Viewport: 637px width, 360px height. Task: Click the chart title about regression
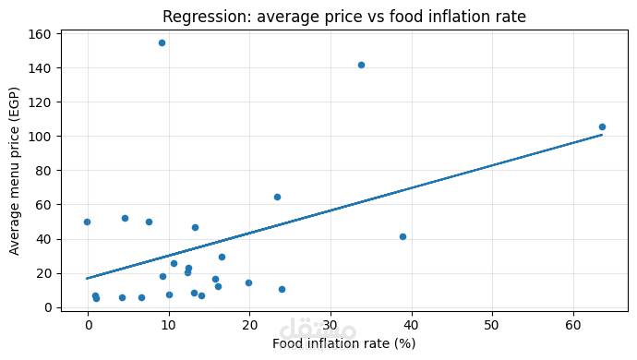pos(344,17)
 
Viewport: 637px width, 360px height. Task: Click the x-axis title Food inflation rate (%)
pos(343,343)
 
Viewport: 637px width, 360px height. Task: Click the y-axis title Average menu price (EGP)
pos(15,171)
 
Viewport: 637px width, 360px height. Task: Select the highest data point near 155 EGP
pos(162,42)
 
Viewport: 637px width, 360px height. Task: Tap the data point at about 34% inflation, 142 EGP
pos(361,65)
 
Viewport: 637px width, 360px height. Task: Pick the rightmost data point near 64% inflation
pos(602,126)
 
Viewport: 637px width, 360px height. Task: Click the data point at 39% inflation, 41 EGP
pos(403,236)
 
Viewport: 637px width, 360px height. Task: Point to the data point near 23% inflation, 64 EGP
pos(277,197)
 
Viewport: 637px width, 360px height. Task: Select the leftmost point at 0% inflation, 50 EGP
pos(87,222)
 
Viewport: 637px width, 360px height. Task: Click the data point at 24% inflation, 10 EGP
pos(282,289)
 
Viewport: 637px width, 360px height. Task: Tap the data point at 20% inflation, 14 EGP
pos(248,282)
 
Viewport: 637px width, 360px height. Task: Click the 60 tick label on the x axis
pos(572,326)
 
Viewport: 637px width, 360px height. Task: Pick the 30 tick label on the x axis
pos(331,326)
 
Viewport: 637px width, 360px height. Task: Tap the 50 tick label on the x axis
pos(492,326)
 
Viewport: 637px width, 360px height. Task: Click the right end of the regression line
pos(602,135)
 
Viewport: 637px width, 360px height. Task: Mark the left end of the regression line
pos(87,278)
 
